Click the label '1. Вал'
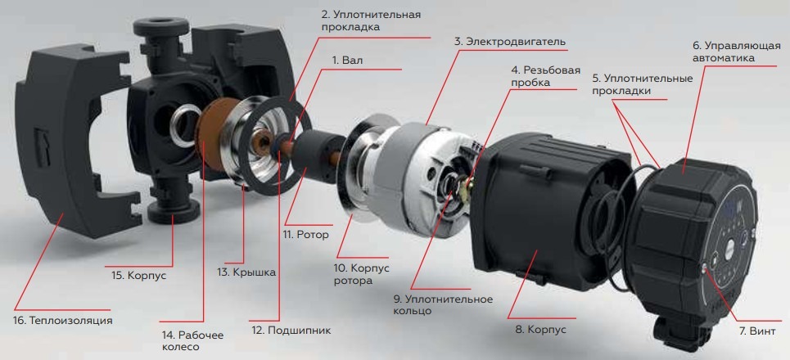click(x=348, y=60)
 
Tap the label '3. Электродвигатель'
click(x=510, y=41)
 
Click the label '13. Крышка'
click(x=247, y=272)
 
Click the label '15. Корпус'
click(x=138, y=276)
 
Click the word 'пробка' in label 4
click(x=530, y=83)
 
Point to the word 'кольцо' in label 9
click(x=412, y=311)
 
